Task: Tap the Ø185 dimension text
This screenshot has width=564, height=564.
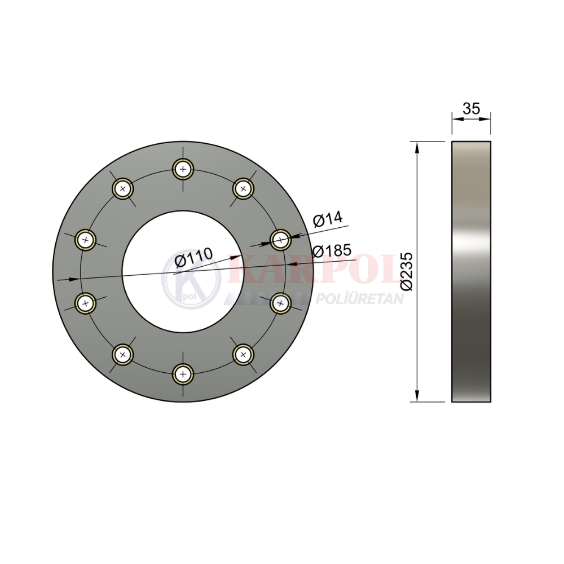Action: click(331, 250)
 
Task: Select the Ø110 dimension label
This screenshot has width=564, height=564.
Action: click(193, 257)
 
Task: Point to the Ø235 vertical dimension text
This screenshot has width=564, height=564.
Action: click(407, 272)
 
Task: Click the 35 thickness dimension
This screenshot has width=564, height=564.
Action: click(471, 108)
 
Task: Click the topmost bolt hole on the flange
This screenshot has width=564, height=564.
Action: click(183, 169)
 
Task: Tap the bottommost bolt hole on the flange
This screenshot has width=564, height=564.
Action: click(183, 374)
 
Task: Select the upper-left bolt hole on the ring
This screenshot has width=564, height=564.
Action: click(122, 188)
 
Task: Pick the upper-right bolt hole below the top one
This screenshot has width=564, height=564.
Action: click(244, 188)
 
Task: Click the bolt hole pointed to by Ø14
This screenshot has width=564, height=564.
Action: click(280, 240)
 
